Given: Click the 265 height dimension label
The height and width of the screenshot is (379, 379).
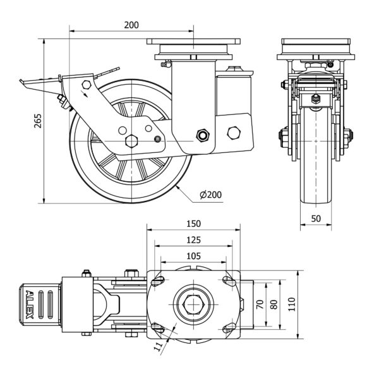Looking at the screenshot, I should point(37,120).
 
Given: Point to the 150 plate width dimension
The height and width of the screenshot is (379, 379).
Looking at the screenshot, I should point(193,224).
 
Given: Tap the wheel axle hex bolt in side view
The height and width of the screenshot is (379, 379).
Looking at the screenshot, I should point(133,140).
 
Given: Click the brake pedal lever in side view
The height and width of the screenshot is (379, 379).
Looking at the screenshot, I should point(38,82).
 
